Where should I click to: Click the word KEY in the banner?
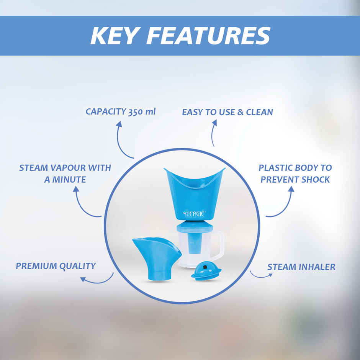[x=115, y=36]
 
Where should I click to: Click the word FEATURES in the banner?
[x=208, y=36]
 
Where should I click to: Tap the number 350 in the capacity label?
[x=136, y=112]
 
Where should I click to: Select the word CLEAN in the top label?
[x=259, y=112]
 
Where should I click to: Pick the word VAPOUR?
[x=68, y=168]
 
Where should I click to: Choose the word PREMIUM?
[x=36, y=266]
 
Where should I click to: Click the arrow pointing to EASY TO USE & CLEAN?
[x=213, y=133]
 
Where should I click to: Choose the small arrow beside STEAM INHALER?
[x=259, y=276]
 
